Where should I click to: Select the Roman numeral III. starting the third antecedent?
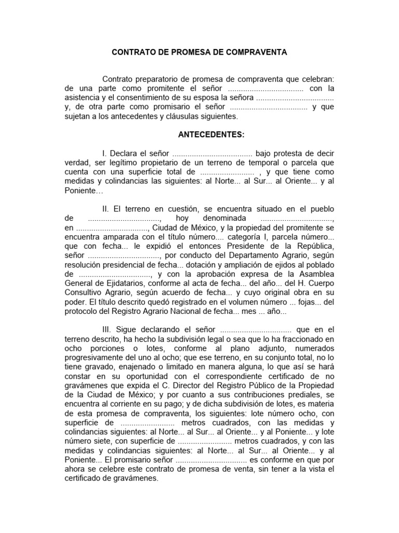click(107, 329)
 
